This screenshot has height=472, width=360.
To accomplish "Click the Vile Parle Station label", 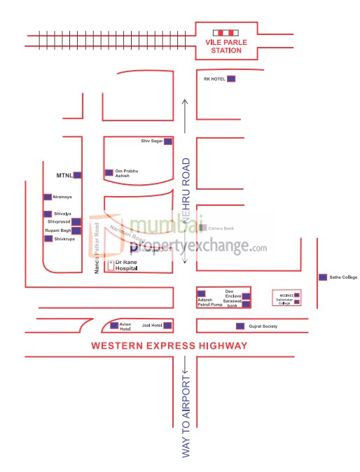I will coord(226,46).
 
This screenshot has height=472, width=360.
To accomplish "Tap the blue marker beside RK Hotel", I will coord(230,79).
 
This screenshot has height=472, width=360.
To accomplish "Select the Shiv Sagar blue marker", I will coord(169,141).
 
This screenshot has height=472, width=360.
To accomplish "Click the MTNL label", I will coord(64,174).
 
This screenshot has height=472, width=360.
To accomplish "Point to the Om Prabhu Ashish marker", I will coord(109,172).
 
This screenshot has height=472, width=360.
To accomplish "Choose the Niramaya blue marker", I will coord(48,197).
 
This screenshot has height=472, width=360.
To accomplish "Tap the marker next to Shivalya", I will coord(48,214).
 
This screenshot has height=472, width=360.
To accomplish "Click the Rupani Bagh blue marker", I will coord(76,230).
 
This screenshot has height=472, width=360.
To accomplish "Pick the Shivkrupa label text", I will coord(64,239).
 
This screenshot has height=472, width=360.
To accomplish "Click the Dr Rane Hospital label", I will coord(127,265).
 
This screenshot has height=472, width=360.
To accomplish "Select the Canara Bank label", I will coord(221,228).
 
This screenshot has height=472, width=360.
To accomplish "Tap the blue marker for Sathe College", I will coord(322,277).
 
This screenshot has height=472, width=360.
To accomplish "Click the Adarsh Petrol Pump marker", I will coord(202,293).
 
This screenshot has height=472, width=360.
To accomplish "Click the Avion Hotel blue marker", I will coord(114,325).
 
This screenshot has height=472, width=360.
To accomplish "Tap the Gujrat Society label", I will coord(263,326).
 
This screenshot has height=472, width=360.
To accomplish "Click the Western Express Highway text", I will coord(169,346).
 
